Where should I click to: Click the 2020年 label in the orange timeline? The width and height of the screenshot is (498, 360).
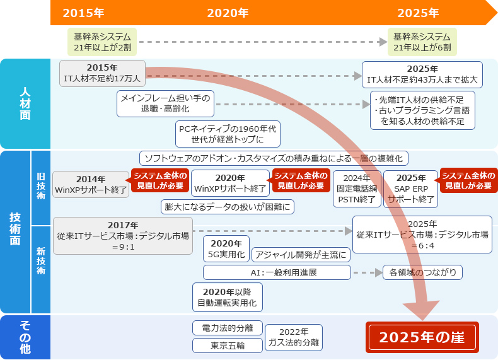(x=228, y=13)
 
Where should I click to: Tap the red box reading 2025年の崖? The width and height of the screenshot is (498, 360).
(x=422, y=337)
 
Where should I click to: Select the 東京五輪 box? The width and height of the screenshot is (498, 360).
(x=219, y=345)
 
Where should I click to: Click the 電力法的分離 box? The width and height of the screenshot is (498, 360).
(x=219, y=328)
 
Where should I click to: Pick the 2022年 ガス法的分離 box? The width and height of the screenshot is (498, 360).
(x=294, y=337)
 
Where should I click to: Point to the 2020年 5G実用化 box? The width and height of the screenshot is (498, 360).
(x=226, y=249)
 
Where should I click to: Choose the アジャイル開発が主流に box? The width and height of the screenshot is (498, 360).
(x=301, y=255)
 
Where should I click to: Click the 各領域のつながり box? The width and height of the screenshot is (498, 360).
(x=423, y=272)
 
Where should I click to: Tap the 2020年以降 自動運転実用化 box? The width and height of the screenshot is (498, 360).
(x=227, y=297)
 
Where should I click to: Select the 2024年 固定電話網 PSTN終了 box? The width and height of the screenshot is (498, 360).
(x=357, y=189)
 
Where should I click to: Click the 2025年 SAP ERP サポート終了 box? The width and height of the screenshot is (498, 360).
(x=410, y=189)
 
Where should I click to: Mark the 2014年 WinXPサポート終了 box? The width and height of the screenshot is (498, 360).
(x=91, y=184)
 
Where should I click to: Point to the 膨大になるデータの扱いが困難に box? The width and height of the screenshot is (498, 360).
(x=228, y=206)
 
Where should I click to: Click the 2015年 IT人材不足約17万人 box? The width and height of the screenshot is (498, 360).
(x=102, y=73)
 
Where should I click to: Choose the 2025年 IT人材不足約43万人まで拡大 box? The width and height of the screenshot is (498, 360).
(x=422, y=74)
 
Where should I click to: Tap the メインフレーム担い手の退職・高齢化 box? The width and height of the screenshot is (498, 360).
(x=165, y=103)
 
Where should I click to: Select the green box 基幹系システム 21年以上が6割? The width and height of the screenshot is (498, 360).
(x=422, y=42)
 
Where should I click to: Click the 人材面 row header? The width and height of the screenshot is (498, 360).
(x=25, y=103)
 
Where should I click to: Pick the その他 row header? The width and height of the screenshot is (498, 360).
(x=25, y=337)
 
